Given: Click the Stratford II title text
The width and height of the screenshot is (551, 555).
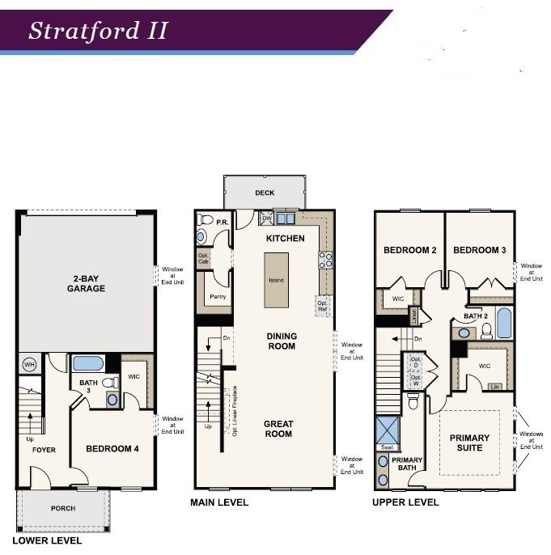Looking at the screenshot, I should [98, 31].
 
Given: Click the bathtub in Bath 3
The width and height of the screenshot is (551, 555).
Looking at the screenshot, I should [87, 363].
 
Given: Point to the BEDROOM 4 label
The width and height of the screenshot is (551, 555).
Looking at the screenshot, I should [112, 448].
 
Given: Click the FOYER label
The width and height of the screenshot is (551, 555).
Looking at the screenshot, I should [44, 450].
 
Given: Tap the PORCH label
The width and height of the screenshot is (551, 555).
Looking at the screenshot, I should [62, 508].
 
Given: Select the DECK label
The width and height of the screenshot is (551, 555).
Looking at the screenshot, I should [265, 193].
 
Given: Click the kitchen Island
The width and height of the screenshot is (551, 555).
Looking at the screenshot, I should [277, 280].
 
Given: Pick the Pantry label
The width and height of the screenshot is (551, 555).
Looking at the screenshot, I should [216, 298].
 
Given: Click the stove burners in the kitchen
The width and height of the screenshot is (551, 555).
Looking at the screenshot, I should [327, 260].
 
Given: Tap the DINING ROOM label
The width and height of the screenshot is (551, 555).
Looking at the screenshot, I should [282, 341].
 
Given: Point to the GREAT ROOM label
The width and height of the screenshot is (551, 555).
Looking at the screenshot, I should [278, 429].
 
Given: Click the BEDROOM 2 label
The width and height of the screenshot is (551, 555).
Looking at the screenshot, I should [410, 250].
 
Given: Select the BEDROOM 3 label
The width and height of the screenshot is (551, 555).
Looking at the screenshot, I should [479, 250].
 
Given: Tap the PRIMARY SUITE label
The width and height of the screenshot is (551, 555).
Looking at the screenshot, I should [469, 443].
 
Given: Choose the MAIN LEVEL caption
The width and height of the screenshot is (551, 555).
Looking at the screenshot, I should [219, 502].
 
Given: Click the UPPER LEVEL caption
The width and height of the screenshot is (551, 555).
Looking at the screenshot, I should [405, 502].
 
